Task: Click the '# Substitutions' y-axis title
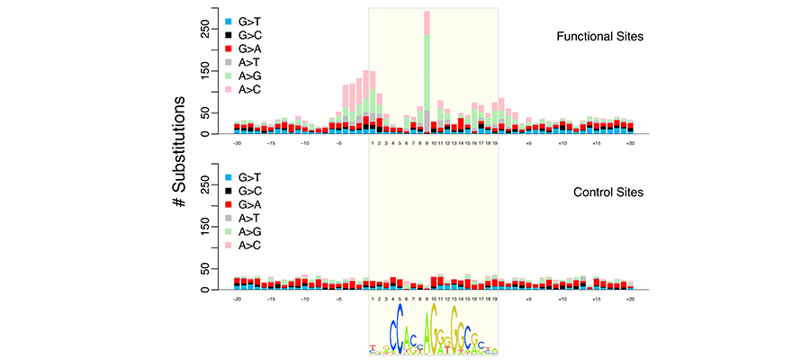click(x=180, y=152)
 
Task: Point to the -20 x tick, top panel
click(x=237, y=143)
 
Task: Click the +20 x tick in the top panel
click(x=631, y=143)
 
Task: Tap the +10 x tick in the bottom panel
click(x=562, y=299)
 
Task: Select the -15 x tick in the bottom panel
click(x=271, y=299)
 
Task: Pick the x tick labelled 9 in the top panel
click(x=427, y=143)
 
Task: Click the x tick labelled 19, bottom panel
click(x=495, y=299)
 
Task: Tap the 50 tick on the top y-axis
click(x=210, y=113)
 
